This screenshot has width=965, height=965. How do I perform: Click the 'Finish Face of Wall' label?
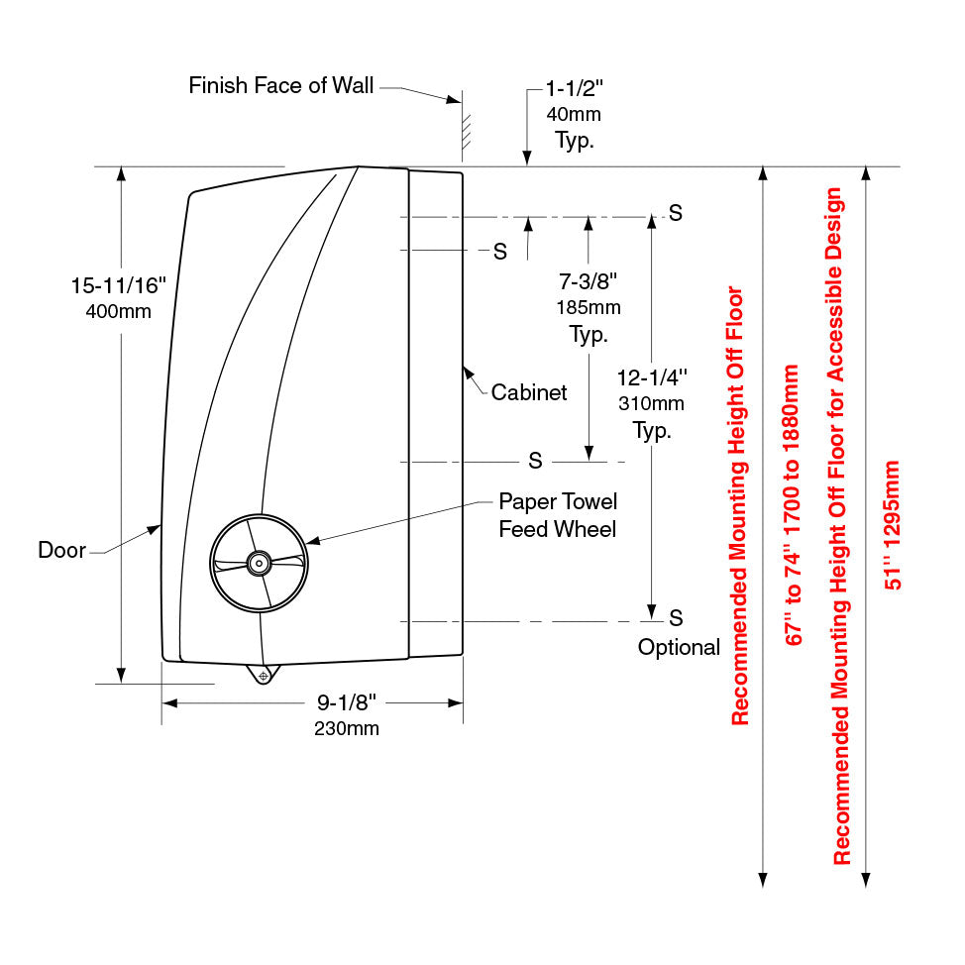tap(281, 86)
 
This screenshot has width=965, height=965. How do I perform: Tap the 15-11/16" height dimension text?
tap(118, 286)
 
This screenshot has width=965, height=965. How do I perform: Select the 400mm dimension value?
tap(118, 312)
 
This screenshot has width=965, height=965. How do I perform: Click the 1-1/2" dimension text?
tap(574, 89)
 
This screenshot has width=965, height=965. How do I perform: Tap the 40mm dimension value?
tap(574, 114)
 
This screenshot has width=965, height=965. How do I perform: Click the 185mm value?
tap(589, 308)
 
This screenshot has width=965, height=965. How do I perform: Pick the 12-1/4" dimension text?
tap(651, 377)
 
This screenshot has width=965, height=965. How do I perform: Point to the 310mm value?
tap(651, 404)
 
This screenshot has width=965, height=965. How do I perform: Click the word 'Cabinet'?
tap(529, 393)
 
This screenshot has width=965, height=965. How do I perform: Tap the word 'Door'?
tap(62, 550)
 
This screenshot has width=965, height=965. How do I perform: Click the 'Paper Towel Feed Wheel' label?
tap(557, 515)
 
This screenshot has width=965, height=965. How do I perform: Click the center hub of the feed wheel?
tap(259, 562)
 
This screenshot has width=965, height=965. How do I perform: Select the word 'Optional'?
tap(679, 648)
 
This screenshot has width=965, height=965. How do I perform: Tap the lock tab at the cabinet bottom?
tap(263, 675)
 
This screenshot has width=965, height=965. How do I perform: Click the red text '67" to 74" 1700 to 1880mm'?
tap(792, 505)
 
